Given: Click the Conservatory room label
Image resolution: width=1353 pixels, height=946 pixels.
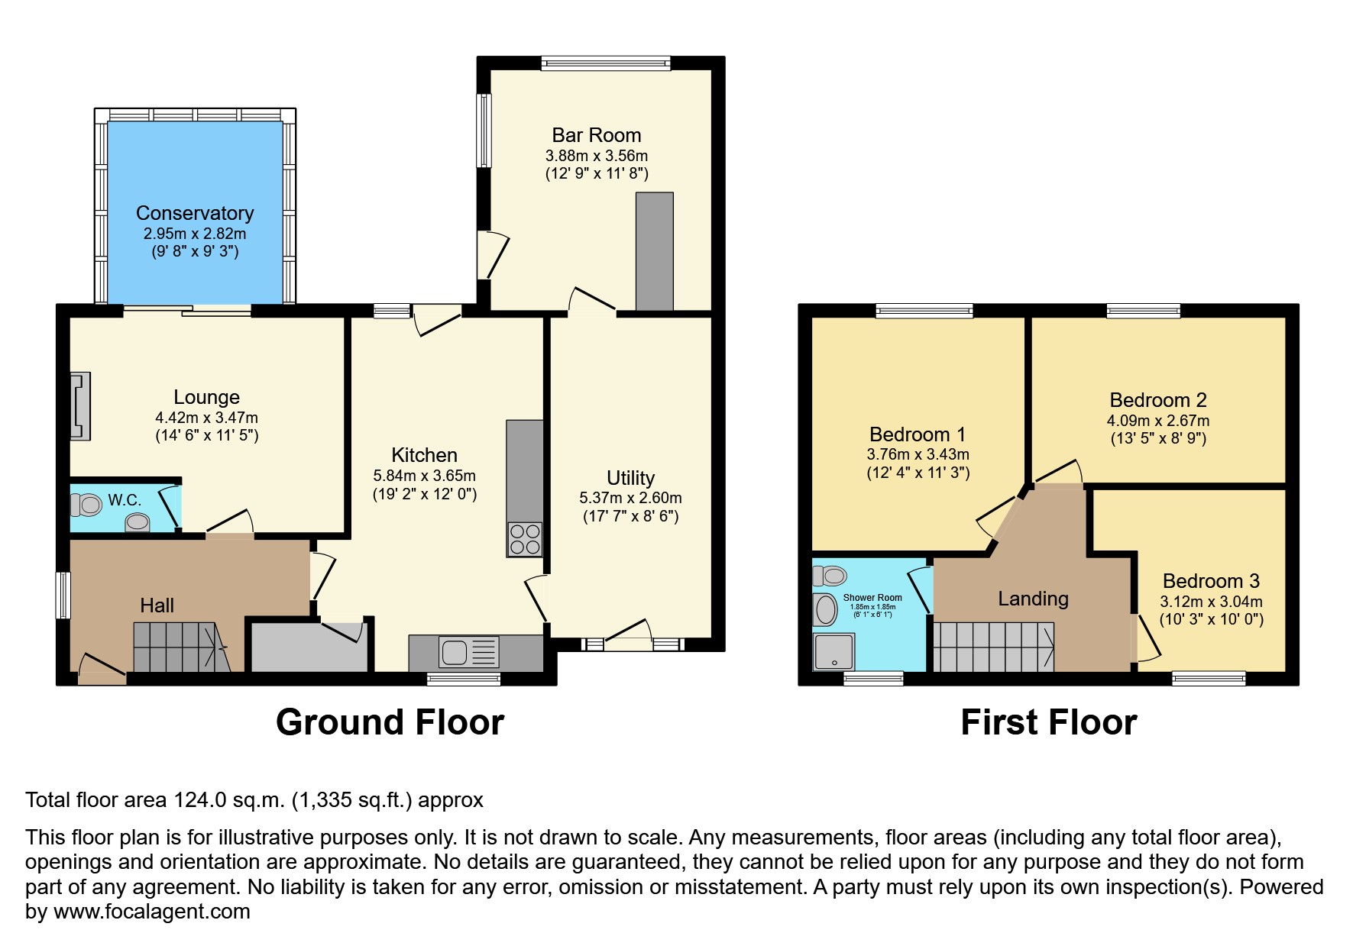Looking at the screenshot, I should (194, 213).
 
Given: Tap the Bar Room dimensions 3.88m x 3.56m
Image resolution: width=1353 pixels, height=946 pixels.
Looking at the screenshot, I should (596, 156).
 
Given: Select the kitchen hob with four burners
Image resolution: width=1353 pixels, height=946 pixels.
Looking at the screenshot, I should (525, 538).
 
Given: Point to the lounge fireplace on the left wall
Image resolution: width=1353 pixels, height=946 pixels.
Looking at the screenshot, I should (80, 405).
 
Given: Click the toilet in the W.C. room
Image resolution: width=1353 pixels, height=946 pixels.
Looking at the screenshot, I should (86, 504).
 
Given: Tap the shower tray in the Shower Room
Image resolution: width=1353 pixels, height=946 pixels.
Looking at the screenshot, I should (833, 651).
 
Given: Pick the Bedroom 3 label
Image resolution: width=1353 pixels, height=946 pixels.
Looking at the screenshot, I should (1211, 581).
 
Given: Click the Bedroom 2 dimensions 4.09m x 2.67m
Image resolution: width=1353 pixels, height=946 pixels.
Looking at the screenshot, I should (1157, 421).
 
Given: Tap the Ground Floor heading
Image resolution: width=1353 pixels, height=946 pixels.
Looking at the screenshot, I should (390, 722).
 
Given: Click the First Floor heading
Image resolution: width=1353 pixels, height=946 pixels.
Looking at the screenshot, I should (1048, 722).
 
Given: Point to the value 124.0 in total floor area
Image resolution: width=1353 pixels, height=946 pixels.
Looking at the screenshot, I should (199, 800).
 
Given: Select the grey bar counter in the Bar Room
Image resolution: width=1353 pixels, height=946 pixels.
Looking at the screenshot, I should (655, 251).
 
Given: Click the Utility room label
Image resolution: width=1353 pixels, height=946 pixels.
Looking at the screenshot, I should (630, 478).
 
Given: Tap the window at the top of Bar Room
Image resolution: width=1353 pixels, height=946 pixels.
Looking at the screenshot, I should (606, 63).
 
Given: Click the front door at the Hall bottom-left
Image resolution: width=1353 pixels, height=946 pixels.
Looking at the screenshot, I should (102, 672).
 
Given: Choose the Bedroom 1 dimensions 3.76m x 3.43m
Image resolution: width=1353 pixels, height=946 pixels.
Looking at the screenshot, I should (918, 454).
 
